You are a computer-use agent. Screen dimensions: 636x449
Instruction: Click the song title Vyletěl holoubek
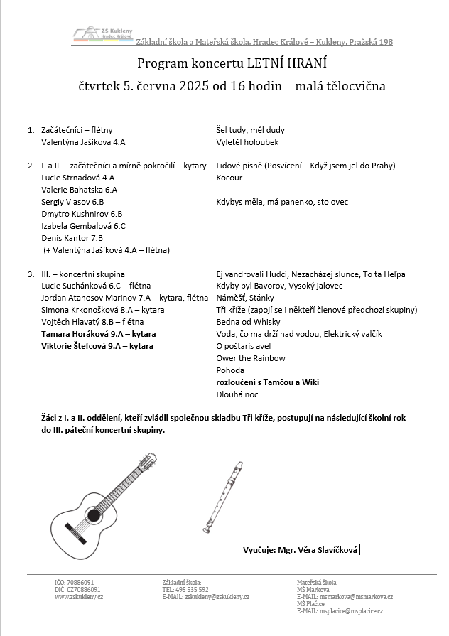(x=247, y=142)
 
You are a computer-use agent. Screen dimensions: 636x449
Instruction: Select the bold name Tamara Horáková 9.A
(x=99, y=334)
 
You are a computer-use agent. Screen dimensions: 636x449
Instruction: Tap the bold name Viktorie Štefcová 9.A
(x=97, y=346)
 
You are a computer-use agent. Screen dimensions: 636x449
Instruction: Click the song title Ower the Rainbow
(x=251, y=358)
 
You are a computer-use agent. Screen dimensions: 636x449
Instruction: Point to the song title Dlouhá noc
(x=238, y=394)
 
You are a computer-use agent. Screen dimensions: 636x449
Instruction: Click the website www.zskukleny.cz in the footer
(x=79, y=597)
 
